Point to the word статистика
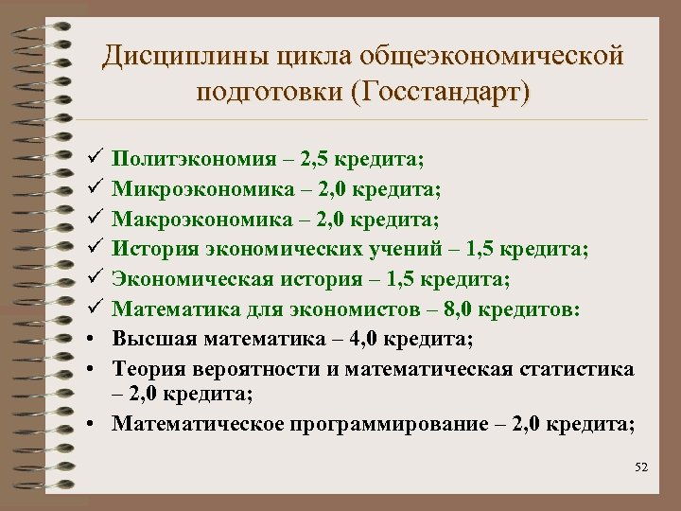tap(584, 368)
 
